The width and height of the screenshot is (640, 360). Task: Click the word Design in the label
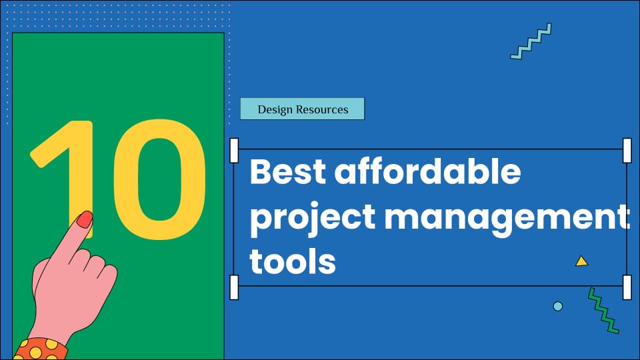tap(275, 110)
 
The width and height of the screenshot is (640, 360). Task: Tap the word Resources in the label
tap(323, 109)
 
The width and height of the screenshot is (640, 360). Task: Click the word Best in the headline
tap(288, 171)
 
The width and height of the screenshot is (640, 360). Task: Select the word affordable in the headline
tap(428, 171)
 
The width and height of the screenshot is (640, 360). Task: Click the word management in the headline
tap(507, 219)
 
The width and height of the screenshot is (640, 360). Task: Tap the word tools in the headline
tap(293, 261)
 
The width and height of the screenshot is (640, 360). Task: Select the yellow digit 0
tap(159, 179)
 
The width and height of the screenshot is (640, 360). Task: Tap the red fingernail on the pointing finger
tap(85, 219)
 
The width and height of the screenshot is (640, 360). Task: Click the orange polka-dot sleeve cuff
tap(41, 349)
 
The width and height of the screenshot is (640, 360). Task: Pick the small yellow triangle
tap(581, 261)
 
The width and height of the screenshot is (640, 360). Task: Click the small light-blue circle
tap(557, 306)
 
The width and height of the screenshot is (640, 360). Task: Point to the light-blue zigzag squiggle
tap(531, 41)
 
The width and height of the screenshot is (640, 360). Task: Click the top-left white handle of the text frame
tap(234, 151)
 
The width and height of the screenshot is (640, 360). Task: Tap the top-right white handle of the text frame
tap(627, 151)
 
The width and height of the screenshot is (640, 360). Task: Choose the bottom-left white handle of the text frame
tap(234, 287)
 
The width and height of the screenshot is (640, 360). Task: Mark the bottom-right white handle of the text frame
tap(627, 287)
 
